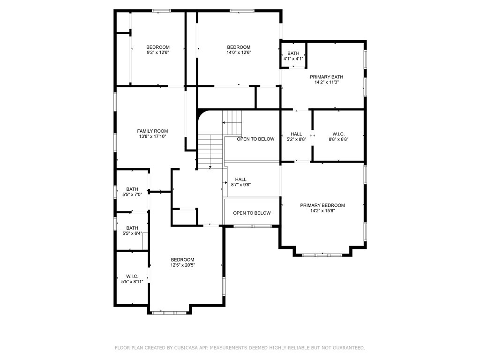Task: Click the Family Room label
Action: (152, 131)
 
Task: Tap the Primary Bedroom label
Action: (322, 205)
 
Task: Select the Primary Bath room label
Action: (327, 77)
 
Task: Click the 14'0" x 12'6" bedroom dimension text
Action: (239, 53)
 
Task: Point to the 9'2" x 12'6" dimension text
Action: (158, 53)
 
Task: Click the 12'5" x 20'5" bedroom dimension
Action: (182, 265)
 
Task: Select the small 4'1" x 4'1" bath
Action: (293, 56)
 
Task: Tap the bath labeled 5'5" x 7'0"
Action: (132, 191)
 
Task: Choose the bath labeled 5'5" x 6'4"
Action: (132, 230)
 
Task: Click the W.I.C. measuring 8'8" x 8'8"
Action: (338, 136)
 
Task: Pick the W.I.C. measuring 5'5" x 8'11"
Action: (132, 279)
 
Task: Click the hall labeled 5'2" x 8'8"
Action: (296, 136)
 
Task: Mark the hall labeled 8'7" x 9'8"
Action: (241, 182)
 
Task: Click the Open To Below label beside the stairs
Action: (255, 139)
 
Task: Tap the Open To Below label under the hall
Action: (252, 213)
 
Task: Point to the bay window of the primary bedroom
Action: (322, 255)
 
